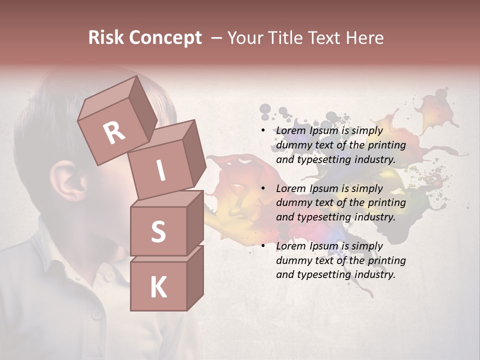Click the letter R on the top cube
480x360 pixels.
coord(114,132)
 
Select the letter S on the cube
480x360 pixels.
coord(158,231)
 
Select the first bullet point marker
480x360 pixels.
coord(263,131)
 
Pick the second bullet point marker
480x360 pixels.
coord(263,188)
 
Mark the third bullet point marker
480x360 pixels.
coord(263,246)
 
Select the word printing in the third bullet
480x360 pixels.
coord(386,260)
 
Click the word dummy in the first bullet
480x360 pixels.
coord(293,145)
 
